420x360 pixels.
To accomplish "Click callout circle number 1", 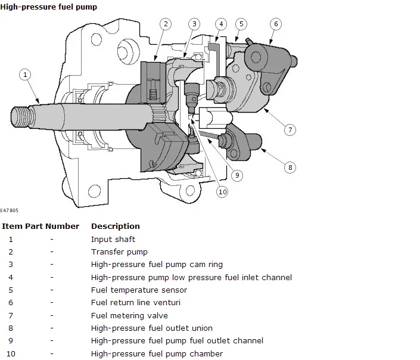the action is (25, 75).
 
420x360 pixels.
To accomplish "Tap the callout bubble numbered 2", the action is (166, 24).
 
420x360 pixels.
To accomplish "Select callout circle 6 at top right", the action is (276, 24).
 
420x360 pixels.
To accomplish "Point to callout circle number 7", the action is (290, 130).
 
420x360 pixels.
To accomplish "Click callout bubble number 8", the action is (290, 167).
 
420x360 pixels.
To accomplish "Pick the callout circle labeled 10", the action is (222, 192).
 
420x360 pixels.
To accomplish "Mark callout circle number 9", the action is (237, 175).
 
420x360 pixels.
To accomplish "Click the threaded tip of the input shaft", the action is (23, 117).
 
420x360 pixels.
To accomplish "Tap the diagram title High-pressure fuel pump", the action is (48, 7).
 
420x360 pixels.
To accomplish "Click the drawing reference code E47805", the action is (9, 210).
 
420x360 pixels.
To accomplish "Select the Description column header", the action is (116, 226).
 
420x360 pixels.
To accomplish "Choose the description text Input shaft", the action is (113, 239).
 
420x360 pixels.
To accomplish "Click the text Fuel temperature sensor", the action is (139, 290).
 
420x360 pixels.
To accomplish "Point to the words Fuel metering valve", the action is (129, 315).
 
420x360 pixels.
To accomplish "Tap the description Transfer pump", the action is (119, 252).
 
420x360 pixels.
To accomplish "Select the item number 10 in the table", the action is (11, 354).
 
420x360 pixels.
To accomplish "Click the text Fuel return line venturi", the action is (136, 302).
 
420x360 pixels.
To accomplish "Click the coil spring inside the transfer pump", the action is (153, 94).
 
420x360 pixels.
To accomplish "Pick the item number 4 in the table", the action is (11, 277).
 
